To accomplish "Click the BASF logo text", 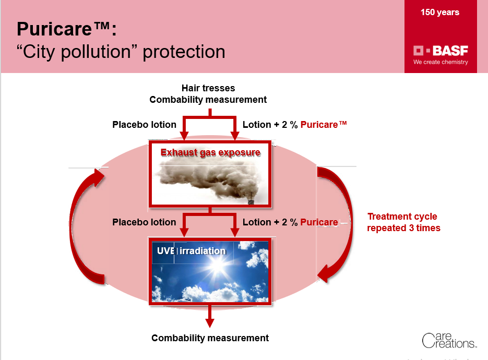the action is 450,51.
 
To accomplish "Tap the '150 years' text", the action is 440,13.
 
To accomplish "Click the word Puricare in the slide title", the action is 54,29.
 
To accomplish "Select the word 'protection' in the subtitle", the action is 184,52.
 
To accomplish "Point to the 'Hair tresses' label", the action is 208,88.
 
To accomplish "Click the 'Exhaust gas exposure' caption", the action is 210,152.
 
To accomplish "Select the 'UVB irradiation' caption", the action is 191,251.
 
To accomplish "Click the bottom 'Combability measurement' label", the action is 210,338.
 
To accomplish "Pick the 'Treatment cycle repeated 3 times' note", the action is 403,222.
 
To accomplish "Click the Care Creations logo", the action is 449,340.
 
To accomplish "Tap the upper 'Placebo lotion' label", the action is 144,125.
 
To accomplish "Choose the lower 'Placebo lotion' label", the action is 144,222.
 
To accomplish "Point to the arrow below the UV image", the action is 210,316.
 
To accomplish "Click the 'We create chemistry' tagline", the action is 441,62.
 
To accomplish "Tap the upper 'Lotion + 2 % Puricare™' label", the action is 294,125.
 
